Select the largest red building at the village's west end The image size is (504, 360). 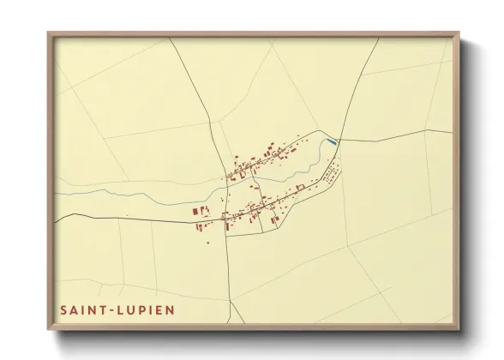pos(195,210)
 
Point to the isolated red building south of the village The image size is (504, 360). pos(207,243)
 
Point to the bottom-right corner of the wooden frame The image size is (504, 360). pos(456,327)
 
